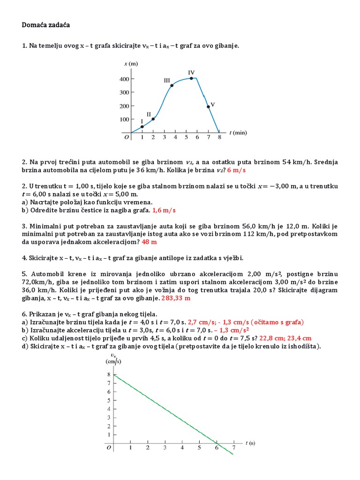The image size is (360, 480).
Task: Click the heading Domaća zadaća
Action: pos(45,25)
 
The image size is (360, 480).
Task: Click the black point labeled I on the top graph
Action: pos(142,127)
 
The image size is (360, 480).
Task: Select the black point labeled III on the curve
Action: pos(172,85)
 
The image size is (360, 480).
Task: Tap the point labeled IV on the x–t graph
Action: pos(191,78)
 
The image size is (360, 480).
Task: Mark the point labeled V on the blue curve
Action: pos(208,106)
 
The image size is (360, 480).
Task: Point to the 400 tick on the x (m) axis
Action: pos(123,79)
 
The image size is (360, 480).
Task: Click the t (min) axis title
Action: pos(238,133)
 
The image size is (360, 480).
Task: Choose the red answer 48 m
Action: pos(149,242)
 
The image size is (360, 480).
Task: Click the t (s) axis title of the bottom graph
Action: pos(250,442)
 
